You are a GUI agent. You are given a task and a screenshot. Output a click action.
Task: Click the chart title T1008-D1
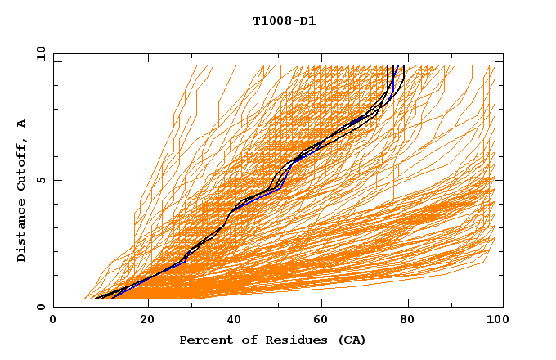click(x=284, y=20)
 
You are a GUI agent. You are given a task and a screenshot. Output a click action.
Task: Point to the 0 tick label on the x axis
click(x=53, y=321)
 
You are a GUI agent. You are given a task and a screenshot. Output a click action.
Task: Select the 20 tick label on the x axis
click(x=147, y=321)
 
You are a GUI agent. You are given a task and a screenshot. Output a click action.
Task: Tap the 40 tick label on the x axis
click(x=235, y=321)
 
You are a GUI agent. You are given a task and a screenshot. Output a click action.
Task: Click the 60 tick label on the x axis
click(x=324, y=321)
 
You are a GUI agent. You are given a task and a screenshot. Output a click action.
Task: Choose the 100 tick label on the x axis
click(x=497, y=321)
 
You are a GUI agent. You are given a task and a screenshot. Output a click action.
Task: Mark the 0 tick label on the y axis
click(x=40, y=307)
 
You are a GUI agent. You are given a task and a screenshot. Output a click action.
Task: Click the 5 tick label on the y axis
click(x=40, y=180)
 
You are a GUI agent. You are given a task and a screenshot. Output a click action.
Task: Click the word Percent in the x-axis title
click(x=203, y=340)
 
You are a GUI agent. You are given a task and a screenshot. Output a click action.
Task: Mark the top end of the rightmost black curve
click(x=404, y=66)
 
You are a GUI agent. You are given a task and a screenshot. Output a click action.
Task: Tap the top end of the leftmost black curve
click(x=388, y=66)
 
